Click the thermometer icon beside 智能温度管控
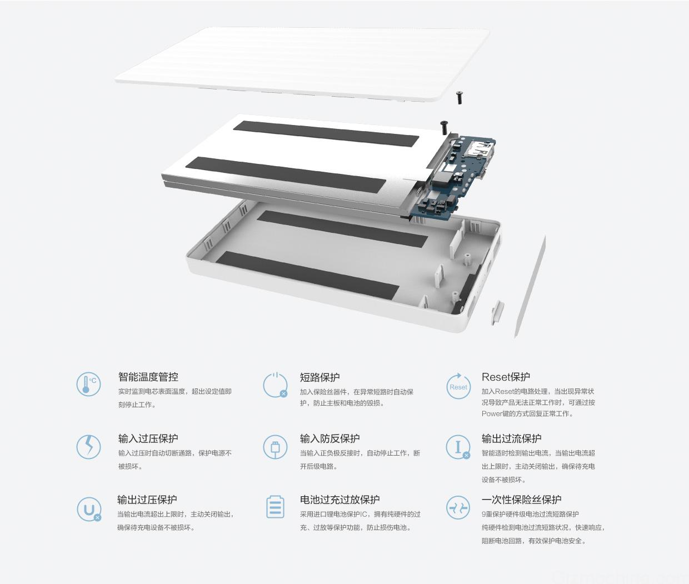88,384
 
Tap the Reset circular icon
458,386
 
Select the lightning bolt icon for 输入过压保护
88,447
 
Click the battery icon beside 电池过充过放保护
276,507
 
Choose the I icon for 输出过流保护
458,447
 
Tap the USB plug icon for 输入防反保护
275,447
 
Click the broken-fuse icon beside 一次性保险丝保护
458,508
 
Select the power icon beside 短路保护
276,385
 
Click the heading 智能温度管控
148,377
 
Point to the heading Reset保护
506,377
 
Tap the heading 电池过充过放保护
339,500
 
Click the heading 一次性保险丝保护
521,500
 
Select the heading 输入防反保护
329,438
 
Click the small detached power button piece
497,311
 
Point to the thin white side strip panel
530,286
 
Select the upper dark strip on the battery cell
326,134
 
